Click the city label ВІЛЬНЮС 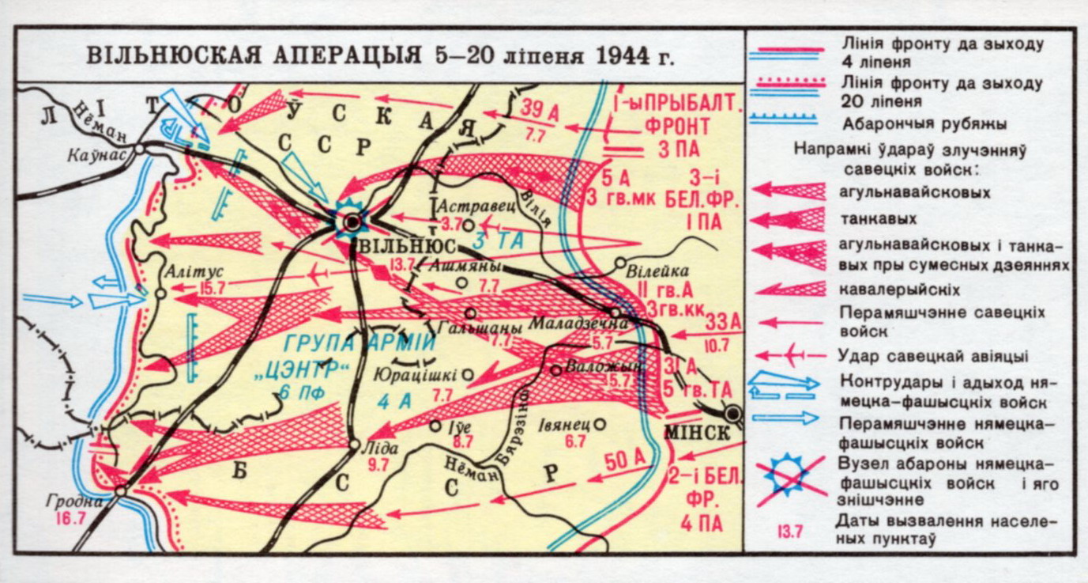(399, 245)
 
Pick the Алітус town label (186, 272)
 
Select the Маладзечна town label (568, 324)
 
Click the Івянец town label (565, 423)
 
